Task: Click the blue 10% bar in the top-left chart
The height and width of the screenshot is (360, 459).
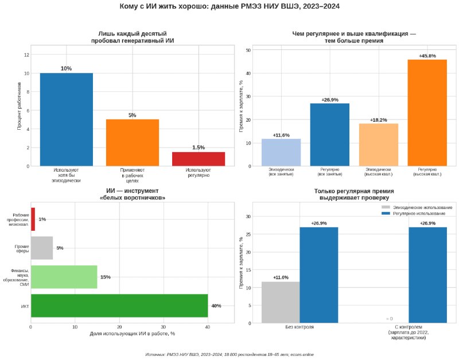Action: (67, 119)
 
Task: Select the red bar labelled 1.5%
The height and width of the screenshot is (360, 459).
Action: (199, 159)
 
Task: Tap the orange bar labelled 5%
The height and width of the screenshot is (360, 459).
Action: (133, 142)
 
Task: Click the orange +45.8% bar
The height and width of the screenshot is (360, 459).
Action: (427, 113)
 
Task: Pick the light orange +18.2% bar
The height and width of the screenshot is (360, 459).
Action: (379, 145)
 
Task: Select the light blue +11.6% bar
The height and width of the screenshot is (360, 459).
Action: (281, 152)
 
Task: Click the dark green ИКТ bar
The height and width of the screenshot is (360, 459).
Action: (119, 305)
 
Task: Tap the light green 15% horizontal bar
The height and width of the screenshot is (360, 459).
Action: (64, 277)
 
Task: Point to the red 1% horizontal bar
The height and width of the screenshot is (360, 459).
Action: (33, 219)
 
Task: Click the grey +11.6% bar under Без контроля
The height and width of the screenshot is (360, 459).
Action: (281, 302)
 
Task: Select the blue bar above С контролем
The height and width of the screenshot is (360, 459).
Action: (427, 275)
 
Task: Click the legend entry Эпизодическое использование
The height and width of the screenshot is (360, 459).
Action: (417, 207)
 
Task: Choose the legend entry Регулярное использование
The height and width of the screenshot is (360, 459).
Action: (413, 214)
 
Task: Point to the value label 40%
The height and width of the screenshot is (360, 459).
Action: (216, 306)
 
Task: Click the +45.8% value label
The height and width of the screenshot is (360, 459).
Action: (427, 56)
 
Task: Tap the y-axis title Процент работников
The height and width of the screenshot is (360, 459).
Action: (20, 106)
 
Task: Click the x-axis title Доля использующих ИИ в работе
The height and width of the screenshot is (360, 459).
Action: (133, 334)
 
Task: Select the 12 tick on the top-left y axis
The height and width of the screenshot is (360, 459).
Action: (26, 55)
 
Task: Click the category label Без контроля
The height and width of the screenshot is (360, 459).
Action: (299, 327)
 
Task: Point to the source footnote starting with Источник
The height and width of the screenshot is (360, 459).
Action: (229, 354)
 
